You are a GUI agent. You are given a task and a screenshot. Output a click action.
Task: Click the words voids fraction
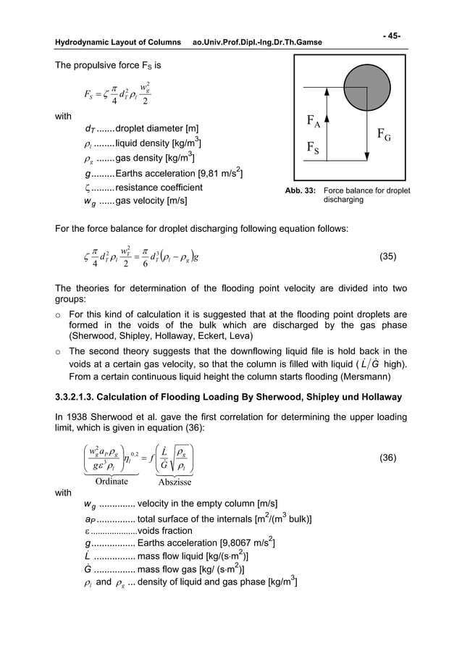click(x=165, y=529)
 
